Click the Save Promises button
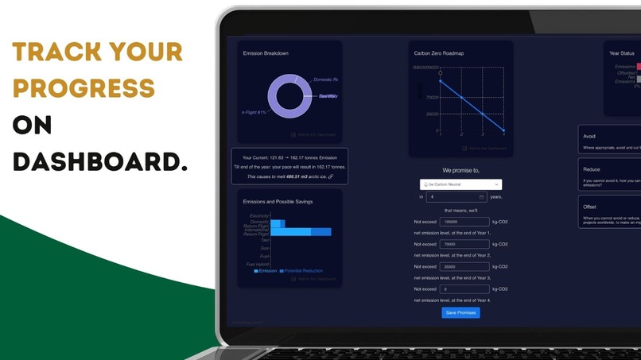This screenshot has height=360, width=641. [x=460, y=312]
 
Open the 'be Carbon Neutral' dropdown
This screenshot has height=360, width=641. [x=461, y=184]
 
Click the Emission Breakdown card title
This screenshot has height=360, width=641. [x=266, y=53]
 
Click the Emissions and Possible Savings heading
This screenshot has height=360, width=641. [x=278, y=201]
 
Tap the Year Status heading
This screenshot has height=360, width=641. [x=623, y=53]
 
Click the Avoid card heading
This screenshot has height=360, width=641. [x=589, y=137]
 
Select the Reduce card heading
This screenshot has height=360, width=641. [x=591, y=169]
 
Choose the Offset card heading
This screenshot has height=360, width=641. [x=590, y=207]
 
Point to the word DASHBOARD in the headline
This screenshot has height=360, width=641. [x=100, y=161]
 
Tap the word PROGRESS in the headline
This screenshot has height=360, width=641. [x=84, y=88]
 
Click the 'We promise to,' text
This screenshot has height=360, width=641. [x=460, y=170]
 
